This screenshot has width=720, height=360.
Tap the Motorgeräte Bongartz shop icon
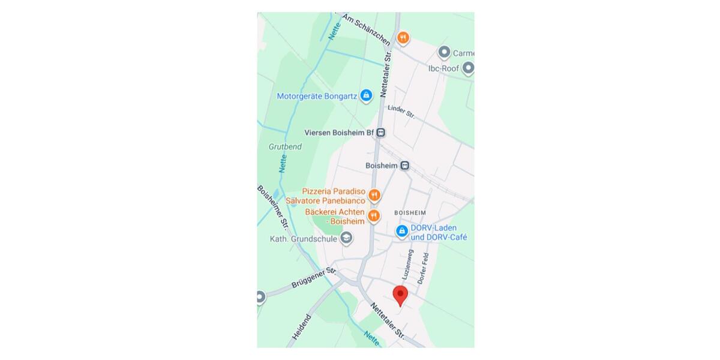[366, 95]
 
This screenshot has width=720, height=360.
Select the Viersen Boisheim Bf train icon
[381, 133]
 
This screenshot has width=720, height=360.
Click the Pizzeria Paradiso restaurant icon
[374, 195]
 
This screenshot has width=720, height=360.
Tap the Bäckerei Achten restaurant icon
[374, 216]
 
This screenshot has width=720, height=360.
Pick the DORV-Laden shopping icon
[401, 230]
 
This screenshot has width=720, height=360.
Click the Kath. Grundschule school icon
[346, 239]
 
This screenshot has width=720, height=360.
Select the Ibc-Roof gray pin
[467, 68]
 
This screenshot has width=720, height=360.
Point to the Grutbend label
[285, 146]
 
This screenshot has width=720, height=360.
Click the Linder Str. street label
[401, 111]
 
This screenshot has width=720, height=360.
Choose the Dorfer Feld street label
[424, 268]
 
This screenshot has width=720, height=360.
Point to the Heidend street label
[302, 327]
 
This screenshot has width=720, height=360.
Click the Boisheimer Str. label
[274, 207]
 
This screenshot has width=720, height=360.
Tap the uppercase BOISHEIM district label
[410, 213]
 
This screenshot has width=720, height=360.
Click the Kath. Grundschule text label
[303, 239]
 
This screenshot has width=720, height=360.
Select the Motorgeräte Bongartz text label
[317, 96]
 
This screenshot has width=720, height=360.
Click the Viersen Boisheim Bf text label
[339, 133]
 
